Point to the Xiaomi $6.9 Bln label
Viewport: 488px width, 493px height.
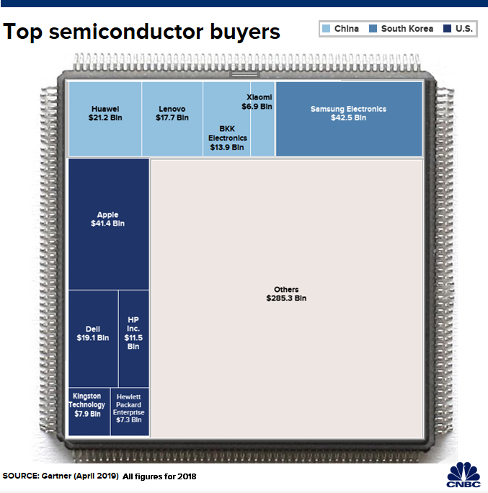point(259,102)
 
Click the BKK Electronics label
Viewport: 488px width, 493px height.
point(228,138)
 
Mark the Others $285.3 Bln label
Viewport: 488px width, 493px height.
point(286,294)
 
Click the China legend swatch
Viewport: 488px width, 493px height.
point(326,29)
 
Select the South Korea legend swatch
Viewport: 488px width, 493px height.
point(373,29)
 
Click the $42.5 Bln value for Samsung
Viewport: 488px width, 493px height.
point(349,117)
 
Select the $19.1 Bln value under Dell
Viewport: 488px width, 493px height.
point(92,337)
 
